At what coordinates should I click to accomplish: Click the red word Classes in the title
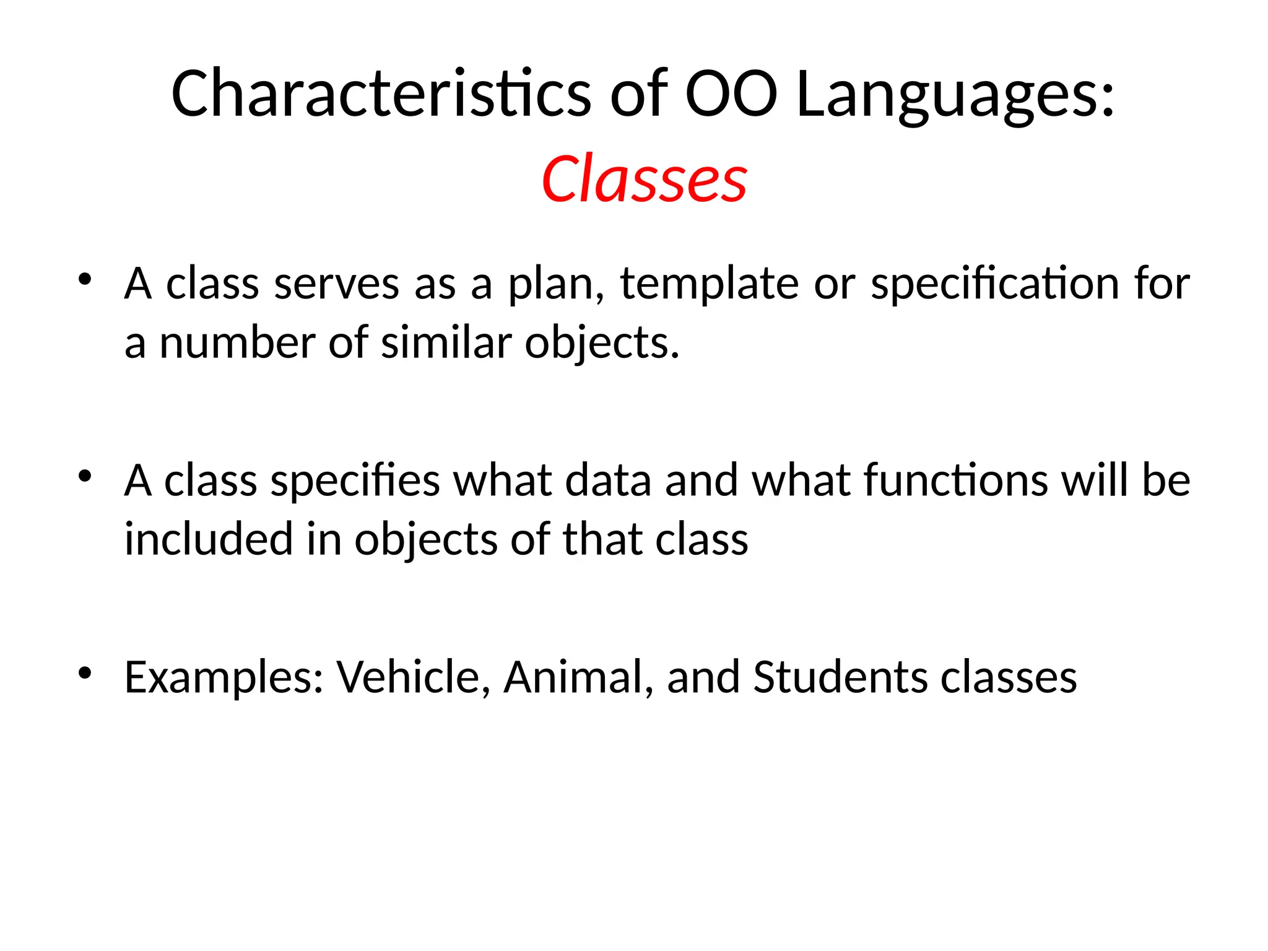(x=644, y=180)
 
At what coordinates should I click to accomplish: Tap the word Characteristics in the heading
(x=381, y=94)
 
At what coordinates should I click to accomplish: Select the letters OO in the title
(x=731, y=94)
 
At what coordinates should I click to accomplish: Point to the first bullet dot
(x=85, y=279)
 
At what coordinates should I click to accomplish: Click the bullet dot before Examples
(x=85, y=672)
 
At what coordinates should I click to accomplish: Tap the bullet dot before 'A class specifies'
(x=85, y=475)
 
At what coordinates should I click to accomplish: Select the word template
(x=710, y=285)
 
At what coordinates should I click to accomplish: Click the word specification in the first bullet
(x=994, y=285)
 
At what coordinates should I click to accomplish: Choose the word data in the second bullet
(x=608, y=480)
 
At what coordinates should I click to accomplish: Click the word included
(x=208, y=539)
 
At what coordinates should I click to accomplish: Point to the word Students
(x=840, y=677)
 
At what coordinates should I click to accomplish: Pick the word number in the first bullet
(x=238, y=343)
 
